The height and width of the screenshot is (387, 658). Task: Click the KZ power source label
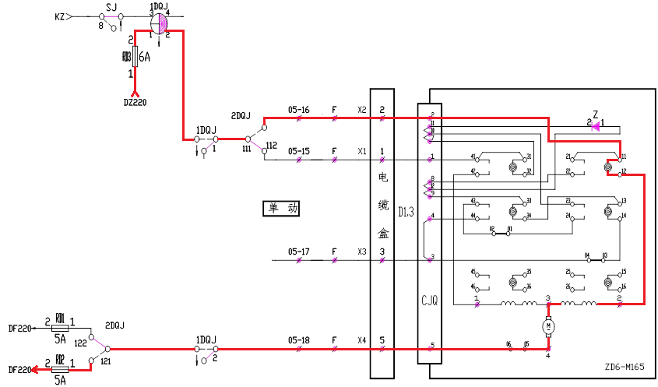click(x=60, y=16)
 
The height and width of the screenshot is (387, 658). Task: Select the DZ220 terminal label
click(x=135, y=101)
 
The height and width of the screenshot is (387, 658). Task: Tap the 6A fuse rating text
click(x=144, y=57)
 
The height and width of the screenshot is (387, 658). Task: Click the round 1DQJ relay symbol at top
click(x=159, y=23)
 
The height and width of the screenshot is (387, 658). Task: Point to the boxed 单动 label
click(x=281, y=208)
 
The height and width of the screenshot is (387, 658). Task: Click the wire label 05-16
click(x=298, y=110)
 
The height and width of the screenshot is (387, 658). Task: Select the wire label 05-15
click(x=298, y=151)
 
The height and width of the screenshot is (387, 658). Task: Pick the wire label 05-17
click(x=298, y=252)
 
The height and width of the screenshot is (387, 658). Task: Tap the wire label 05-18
click(x=298, y=340)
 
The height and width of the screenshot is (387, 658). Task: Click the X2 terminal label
click(x=361, y=110)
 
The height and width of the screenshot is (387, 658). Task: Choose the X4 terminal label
click(x=361, y=340)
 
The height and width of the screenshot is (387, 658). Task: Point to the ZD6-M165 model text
click(x=625, y=367)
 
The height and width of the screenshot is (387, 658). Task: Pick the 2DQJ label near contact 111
click(x=241, y=116)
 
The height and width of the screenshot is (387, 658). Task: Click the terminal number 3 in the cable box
click(x=382, y=252)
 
